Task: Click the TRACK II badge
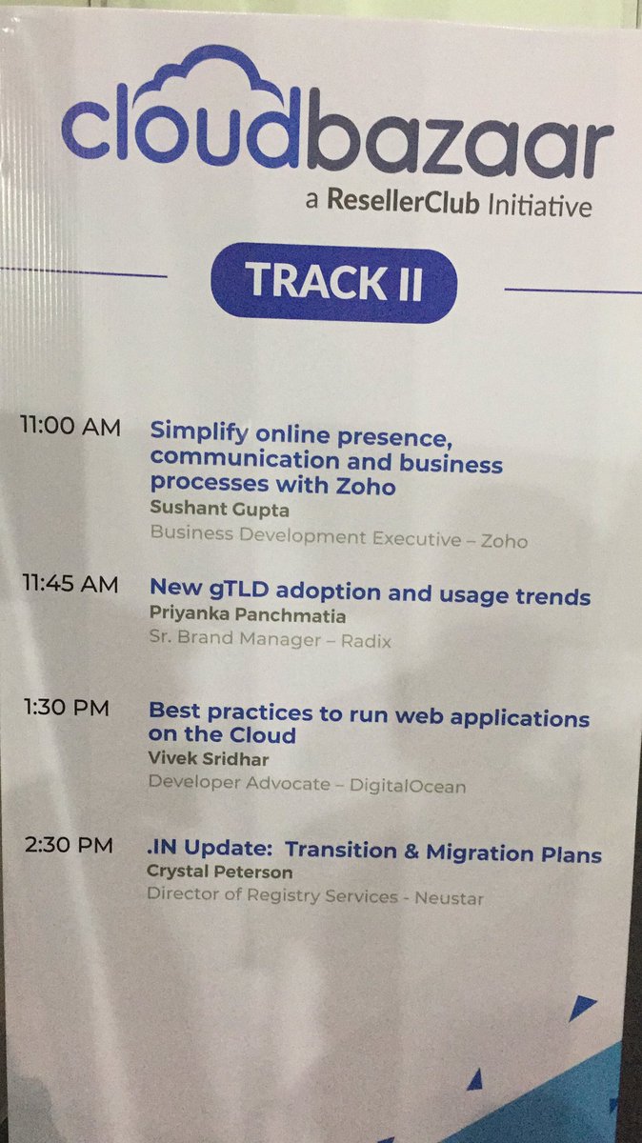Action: (333, 282)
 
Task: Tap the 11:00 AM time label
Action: (70, 427)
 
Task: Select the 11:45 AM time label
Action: (70, 584)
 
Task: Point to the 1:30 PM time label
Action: (66, 708)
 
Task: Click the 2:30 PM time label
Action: (68, 845)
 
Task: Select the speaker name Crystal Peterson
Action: (219, 872)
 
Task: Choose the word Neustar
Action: (449, 896)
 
